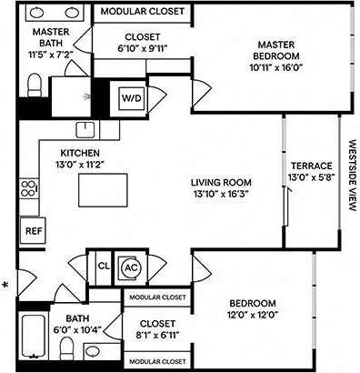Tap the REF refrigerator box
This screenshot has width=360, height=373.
point(31,231)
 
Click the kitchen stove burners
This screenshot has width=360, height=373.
point(28,191)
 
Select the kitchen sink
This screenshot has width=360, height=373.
point(86,128)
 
